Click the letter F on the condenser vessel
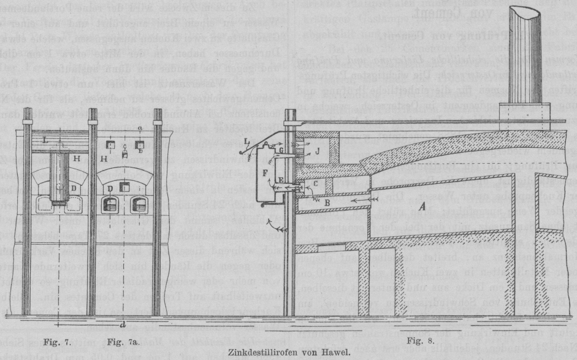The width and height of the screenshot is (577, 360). pyautogui.click(x=265, y=174)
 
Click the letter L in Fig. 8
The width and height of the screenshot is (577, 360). pyautogui.click(x=246, y=141)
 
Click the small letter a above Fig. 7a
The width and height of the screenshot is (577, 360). pyautogui.click(x=141, y=128)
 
